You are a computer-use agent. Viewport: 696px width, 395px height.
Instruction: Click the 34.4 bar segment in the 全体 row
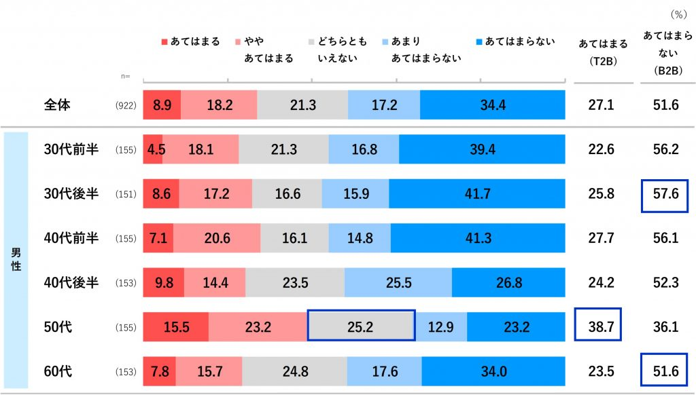pyautogui.click(x=493, y=105)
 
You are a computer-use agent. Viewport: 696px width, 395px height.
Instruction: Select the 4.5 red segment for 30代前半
pyautogui.click(x=153, y=149)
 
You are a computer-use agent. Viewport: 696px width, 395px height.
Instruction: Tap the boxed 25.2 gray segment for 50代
pyautogui.click(x=361, y=326)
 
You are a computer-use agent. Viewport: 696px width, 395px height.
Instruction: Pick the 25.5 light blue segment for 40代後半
pyautogui.click(x=398, y=282)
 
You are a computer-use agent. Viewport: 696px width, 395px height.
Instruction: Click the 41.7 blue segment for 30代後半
pyautogui.click(x=477, y=193)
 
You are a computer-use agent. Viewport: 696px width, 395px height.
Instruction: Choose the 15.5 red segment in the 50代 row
pyautogui.click(x=176, y=326)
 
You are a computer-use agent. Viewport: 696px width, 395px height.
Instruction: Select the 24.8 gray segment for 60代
pyautogui.click(x=294, y=371)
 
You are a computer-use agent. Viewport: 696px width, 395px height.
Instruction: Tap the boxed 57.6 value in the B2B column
pyautogui.click(x=665, y=193)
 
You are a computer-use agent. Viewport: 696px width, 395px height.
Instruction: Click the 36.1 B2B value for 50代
pyautogui.click(x=665, y=326)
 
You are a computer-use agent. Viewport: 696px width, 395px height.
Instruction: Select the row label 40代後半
pyautogui.click(x=71, y=282)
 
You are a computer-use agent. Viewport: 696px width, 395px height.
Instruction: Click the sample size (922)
pyautogui.click(x=127, y=106)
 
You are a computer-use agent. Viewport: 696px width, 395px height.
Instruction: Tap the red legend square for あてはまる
pyautogui.click(x=164, y=42)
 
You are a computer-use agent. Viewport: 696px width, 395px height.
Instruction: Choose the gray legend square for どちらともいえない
pyautogui.click(x=311, y=42)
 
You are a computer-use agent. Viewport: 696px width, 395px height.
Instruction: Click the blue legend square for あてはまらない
pyautogui.click(x=479, y=42)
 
